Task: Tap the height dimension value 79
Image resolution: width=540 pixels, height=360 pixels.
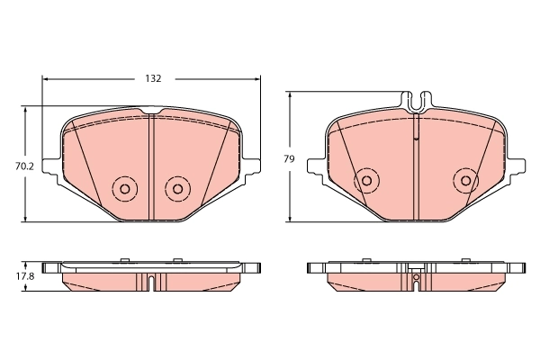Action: (289, 158)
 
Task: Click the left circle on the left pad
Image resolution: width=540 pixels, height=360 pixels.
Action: (122, 189)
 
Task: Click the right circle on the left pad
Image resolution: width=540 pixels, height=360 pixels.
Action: (177, 189)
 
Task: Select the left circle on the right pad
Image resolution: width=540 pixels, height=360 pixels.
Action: (365, 180)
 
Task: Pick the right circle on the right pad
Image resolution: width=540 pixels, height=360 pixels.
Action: (465, 180)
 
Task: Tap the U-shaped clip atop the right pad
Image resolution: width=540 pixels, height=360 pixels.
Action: (416, 102)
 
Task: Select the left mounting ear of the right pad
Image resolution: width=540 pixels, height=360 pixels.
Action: (316, 166)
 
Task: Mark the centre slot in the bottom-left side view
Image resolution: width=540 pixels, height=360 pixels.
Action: (151, 283)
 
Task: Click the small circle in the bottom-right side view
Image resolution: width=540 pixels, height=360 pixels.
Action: (416, 278)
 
